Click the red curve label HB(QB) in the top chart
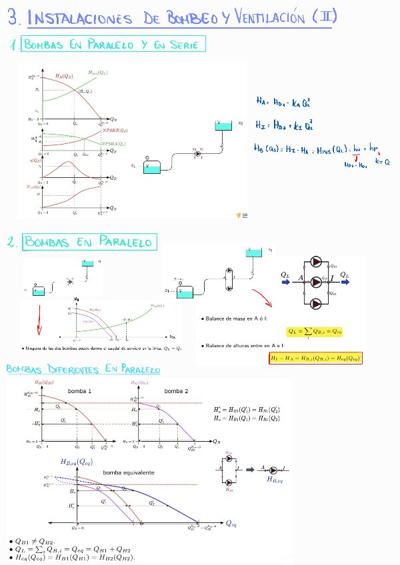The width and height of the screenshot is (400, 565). pyautogui.click(x=65, y=77)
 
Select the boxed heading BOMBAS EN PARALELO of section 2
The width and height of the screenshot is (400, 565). pyautogui.click(x=89, y=242)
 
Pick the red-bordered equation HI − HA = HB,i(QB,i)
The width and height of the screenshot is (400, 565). pyautogui.click(x=315, y=358)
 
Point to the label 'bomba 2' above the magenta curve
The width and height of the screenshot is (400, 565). pyautogui.click(x=177, y=391)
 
